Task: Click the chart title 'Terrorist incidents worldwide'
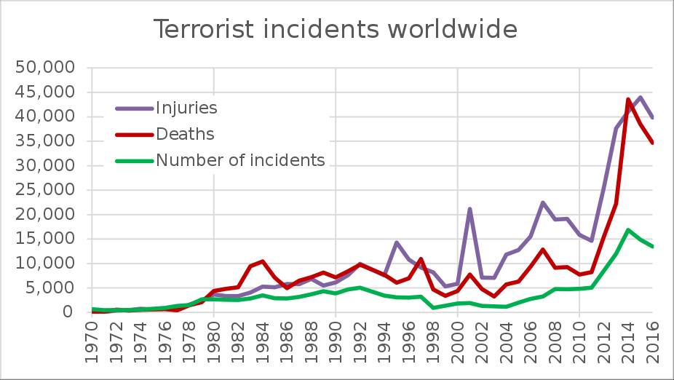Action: pyautogui.click(x=336, y=30)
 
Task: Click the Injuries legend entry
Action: pyautogui.click(x=186, y=108)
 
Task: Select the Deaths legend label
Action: pyautogui.click(x=185, y=134)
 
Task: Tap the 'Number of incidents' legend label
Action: pyautogui.click(x=240, y=160)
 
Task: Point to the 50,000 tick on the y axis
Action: pyautogui.click(x=45, y=68)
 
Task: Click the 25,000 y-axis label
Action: pyautogui.click(x=45, y=190)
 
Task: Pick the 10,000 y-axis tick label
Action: pyautogui.click(x=45, y=264)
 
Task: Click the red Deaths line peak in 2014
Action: pyautogui.click(x=628, y=99)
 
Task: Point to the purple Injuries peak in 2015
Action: pyautogui.click(x=641, y=97)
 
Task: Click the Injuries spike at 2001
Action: pyautogui.click(x=469, y=209)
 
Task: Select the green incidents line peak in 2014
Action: pyautogui.click(x=628, y=230)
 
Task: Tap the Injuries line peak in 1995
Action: pyautogui.click(x=397, y=242)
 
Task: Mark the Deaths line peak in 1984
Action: pyautogui.click(x=263, y=261)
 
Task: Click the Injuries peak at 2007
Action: pyautogui.click(x=543, y=202)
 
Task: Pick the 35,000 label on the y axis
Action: pyautogui.click(x=45, y=141)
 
